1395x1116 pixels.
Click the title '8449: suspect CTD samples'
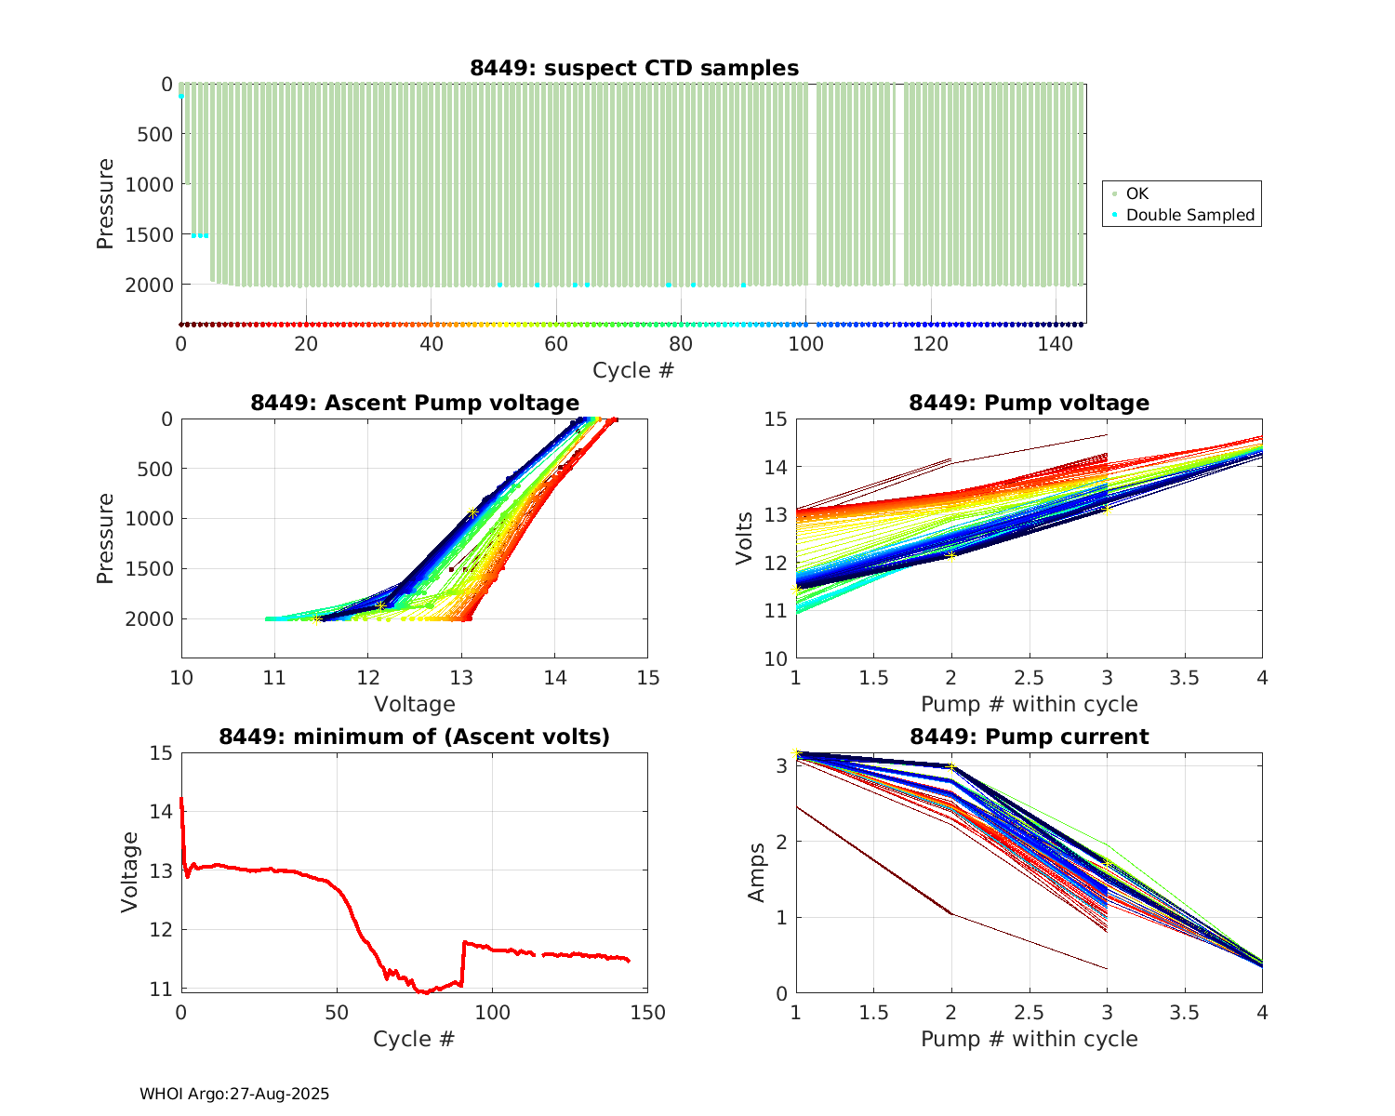(633, 68)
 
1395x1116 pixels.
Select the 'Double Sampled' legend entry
(1189, 215)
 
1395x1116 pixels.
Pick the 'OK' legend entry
(1136, 193)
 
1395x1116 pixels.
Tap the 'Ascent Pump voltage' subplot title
(415, 403)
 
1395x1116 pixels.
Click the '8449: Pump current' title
(1029, 737)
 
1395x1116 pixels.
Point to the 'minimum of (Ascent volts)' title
(415, 737)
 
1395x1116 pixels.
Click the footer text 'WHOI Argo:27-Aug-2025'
(234, 1094)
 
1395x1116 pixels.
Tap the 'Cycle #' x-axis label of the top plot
(633, 370)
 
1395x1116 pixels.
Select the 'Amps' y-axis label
(757, 871)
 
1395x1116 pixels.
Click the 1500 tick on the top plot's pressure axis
(149, 234)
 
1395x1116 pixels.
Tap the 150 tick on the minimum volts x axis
(648, 1013)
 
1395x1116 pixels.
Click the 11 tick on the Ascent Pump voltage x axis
(274, 677)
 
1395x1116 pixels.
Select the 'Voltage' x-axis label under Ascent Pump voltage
(415, 704)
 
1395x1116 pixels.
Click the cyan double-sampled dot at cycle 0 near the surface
(181, 96)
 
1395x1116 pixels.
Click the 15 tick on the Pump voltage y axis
(775, 419)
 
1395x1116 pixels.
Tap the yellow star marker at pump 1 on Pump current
(796, 751)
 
